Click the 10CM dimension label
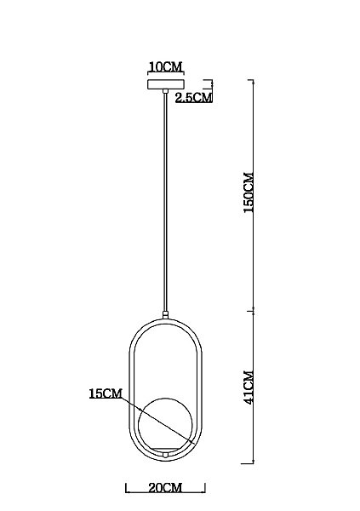tap(165, 66)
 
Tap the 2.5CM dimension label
tap(193, 97)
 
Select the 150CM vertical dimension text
tap(249, 192)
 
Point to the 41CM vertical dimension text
tap(249, 388)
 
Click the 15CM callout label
tap(106, 393)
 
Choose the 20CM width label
tap(165, 488)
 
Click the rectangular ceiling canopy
tap(165, 84)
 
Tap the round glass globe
tap(165, 424)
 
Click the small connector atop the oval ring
tap(165, 315)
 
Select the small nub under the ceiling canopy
tap(165, 91)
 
